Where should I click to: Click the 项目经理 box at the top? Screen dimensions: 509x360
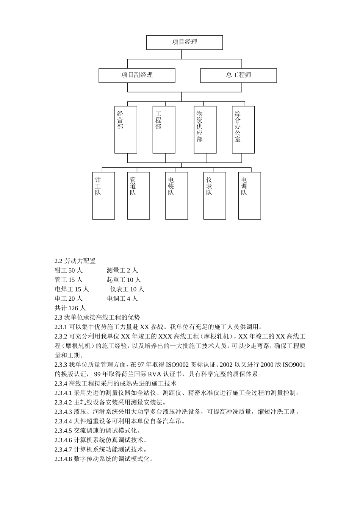pos(185,42)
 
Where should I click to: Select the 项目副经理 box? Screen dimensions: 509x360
pos(137,75)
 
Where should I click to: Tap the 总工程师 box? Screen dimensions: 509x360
pos(238,75)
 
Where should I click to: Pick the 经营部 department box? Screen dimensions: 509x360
pos(126,130)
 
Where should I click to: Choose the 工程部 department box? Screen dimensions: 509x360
pos(164,130)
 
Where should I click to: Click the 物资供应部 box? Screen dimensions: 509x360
pos(205,130)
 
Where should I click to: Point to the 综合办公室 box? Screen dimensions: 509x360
pos(243,130)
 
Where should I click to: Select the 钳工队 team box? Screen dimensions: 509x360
pos(103,195)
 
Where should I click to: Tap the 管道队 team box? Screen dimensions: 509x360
pos(138,195)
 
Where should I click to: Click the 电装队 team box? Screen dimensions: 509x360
pos(177,195)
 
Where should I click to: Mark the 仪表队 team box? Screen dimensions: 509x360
pos(214,195)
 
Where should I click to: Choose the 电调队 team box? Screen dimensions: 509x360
pos(249,195)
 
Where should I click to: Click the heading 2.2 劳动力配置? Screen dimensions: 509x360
pos(75,261)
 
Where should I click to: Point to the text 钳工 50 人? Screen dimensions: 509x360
pos(69,270)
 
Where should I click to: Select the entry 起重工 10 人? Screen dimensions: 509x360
pos(124,280)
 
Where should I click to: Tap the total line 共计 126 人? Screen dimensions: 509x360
pos(70,308)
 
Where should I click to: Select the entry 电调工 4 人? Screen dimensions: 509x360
pos(122,299)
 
